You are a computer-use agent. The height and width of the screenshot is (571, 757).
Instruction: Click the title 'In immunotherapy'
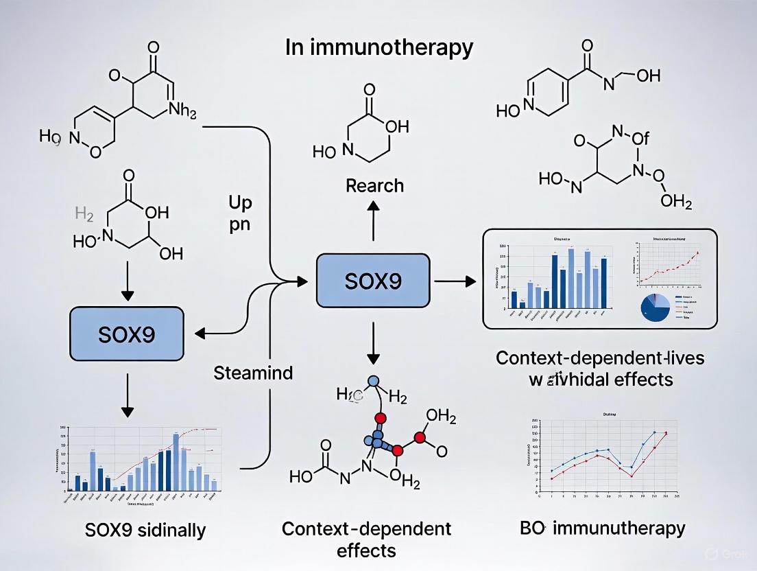(378, 47)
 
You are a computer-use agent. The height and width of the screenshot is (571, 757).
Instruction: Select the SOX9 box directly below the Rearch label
(373, 281)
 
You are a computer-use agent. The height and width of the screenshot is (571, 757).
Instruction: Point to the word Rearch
(374, 185)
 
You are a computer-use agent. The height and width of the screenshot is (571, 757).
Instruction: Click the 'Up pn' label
(240, 213)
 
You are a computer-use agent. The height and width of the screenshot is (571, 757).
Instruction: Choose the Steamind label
(253, 373)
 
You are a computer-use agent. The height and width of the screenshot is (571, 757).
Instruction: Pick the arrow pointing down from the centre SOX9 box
(373, 344)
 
